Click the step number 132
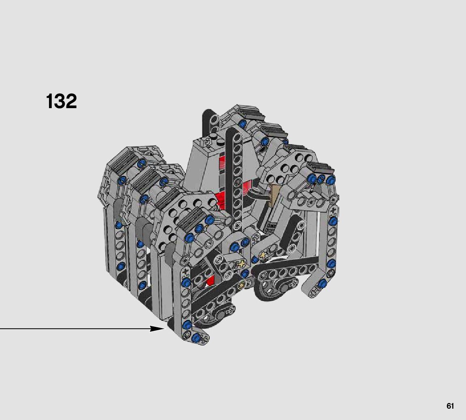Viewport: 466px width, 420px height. [x=62, y=101]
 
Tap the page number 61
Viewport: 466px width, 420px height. [x=450, y=406]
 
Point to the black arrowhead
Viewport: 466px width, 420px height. [x=157, y=328]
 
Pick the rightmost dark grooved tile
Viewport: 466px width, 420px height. [x=321, y=168]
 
